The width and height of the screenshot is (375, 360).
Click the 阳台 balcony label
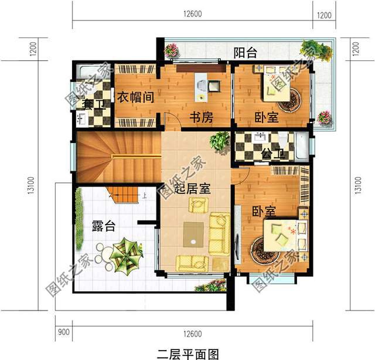coord(246,53)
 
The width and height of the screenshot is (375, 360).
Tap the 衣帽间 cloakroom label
coord(135,97)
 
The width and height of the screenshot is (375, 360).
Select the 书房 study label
coord(202,117)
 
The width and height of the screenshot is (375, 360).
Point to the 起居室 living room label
coord(192,189)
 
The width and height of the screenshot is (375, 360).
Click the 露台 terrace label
coord(104,226)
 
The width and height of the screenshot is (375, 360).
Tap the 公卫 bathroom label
coord(273,154)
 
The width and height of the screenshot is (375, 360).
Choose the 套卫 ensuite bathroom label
coord(94,104)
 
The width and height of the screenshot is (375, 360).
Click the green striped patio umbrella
coord(126,255)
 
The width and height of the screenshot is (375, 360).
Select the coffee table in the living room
coord(193,235)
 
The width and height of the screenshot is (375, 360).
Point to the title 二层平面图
coord(188,354)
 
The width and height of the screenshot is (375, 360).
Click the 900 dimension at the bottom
coord(64,332)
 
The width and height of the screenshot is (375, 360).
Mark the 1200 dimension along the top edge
coord(324,16)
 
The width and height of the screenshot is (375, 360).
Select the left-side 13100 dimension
coord(31,185)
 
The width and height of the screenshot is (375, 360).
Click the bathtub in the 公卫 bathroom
coord(302,146)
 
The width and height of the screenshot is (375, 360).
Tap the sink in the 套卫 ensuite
coord(82,119)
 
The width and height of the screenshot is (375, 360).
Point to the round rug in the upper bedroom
coord(289,100)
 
